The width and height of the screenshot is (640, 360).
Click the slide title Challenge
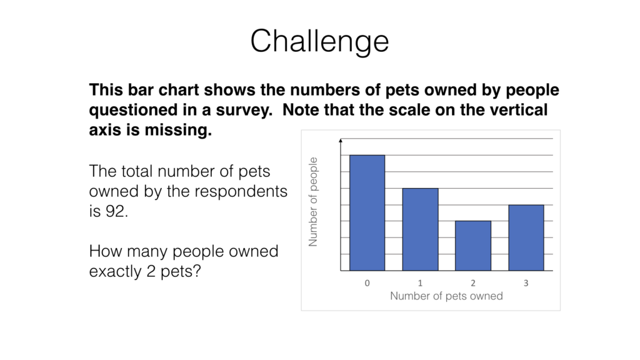319,41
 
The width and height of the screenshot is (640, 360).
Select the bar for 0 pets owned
367,212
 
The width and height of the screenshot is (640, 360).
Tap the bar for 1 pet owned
420,229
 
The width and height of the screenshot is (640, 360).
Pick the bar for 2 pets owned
473,246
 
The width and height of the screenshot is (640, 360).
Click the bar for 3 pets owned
526,237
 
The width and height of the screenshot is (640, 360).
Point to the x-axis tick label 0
367,283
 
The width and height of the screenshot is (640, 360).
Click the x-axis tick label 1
420,283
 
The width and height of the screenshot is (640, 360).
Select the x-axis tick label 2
473,283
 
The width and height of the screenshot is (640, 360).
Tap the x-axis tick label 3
526,283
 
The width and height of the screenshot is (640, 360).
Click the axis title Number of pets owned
446,296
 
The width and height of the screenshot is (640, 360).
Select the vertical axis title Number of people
313,201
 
